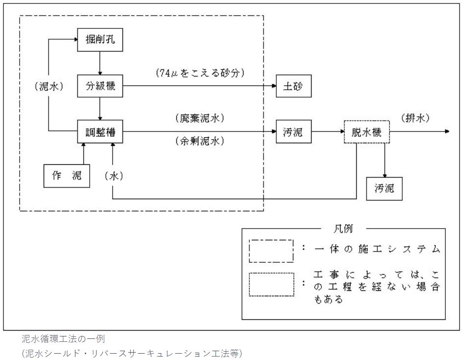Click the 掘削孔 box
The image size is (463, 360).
click(x=100, y=40)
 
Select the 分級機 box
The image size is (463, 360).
click(x=100, y=86)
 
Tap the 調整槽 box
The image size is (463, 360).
click(x=100, y=131)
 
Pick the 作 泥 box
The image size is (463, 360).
click(x=67, y=176)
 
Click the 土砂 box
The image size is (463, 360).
click(x=293, y=86)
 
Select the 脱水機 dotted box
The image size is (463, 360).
click(x=367, y=131)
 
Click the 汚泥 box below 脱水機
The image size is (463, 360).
click(x=384, y=188)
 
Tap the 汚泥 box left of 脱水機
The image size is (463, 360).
click(x=293, y=131)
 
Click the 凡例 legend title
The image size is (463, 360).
click(x=343, y=229)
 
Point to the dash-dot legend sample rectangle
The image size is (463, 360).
click(x=271, y=251)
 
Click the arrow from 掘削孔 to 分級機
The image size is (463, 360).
click(x=100, y=63)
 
